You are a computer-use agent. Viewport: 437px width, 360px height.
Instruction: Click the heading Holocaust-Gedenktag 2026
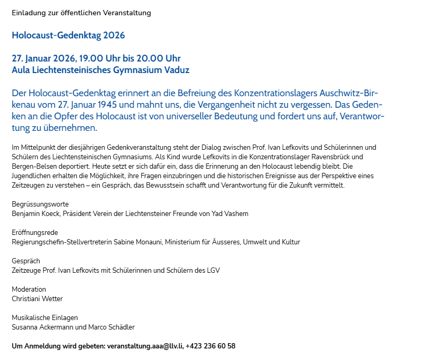pyautogui.click(x=68, y=36)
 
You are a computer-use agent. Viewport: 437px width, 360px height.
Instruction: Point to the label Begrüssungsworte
pyautogui.click(x=40, y=204)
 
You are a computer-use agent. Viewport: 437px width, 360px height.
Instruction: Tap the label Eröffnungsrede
pyautogui.click(x=35, y=232)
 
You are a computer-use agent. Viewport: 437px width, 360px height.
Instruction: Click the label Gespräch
pyautogui.click(x=26, y=261)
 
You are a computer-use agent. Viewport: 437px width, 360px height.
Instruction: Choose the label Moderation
pyautogui.click(x=29, y=289)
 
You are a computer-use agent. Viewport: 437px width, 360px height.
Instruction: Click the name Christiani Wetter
pyautogui.click(x=37, y=299)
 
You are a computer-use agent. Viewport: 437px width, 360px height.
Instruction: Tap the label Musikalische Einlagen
pyautogui.click(x=45, y=317)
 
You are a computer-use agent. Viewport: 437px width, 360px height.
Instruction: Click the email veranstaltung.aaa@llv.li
pyautogui.click(x=144, y=346)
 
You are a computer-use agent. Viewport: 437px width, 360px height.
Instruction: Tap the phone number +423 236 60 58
pyautogui.click(x=211, y=346)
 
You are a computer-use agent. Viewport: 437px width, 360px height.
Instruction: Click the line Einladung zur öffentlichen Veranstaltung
pyautogui.click(x=81, y=12)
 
